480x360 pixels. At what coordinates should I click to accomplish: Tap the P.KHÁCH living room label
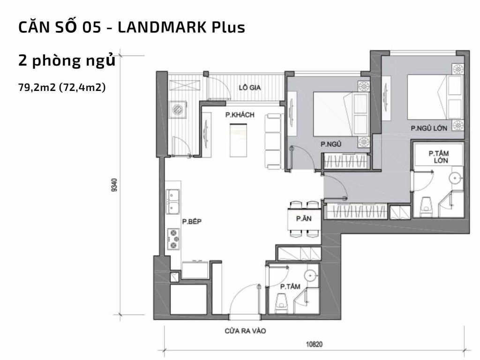tap(236, 115)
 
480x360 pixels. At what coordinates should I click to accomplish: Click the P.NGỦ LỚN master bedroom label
tap(428, 128)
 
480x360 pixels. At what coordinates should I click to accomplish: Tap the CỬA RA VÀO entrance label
tap(245, 331)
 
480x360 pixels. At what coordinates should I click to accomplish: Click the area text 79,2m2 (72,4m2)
tap(61, 88)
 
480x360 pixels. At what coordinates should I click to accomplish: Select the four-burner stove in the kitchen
tap(173, 239)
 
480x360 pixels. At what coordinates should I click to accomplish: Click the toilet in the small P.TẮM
tap(282, 302)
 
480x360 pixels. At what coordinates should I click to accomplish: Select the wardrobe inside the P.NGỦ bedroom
tap(346, 162)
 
